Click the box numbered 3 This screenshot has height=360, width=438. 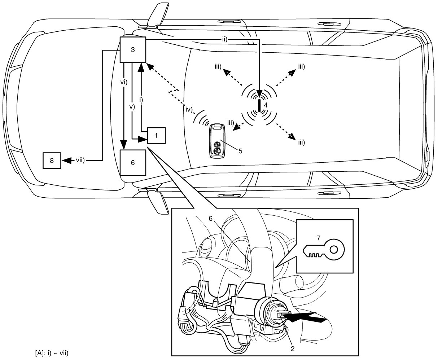[133, 50]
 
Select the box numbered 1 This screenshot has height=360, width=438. [156, 136]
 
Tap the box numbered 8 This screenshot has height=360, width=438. [52, 161]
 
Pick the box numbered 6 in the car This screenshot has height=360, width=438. [133, 163]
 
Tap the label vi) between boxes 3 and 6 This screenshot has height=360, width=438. [124, 82]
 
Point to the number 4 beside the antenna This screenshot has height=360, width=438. [266, 105]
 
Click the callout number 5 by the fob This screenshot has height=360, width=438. [240, 150]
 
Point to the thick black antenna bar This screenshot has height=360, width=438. [259, 106]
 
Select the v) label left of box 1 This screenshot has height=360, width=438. [132, 107]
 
